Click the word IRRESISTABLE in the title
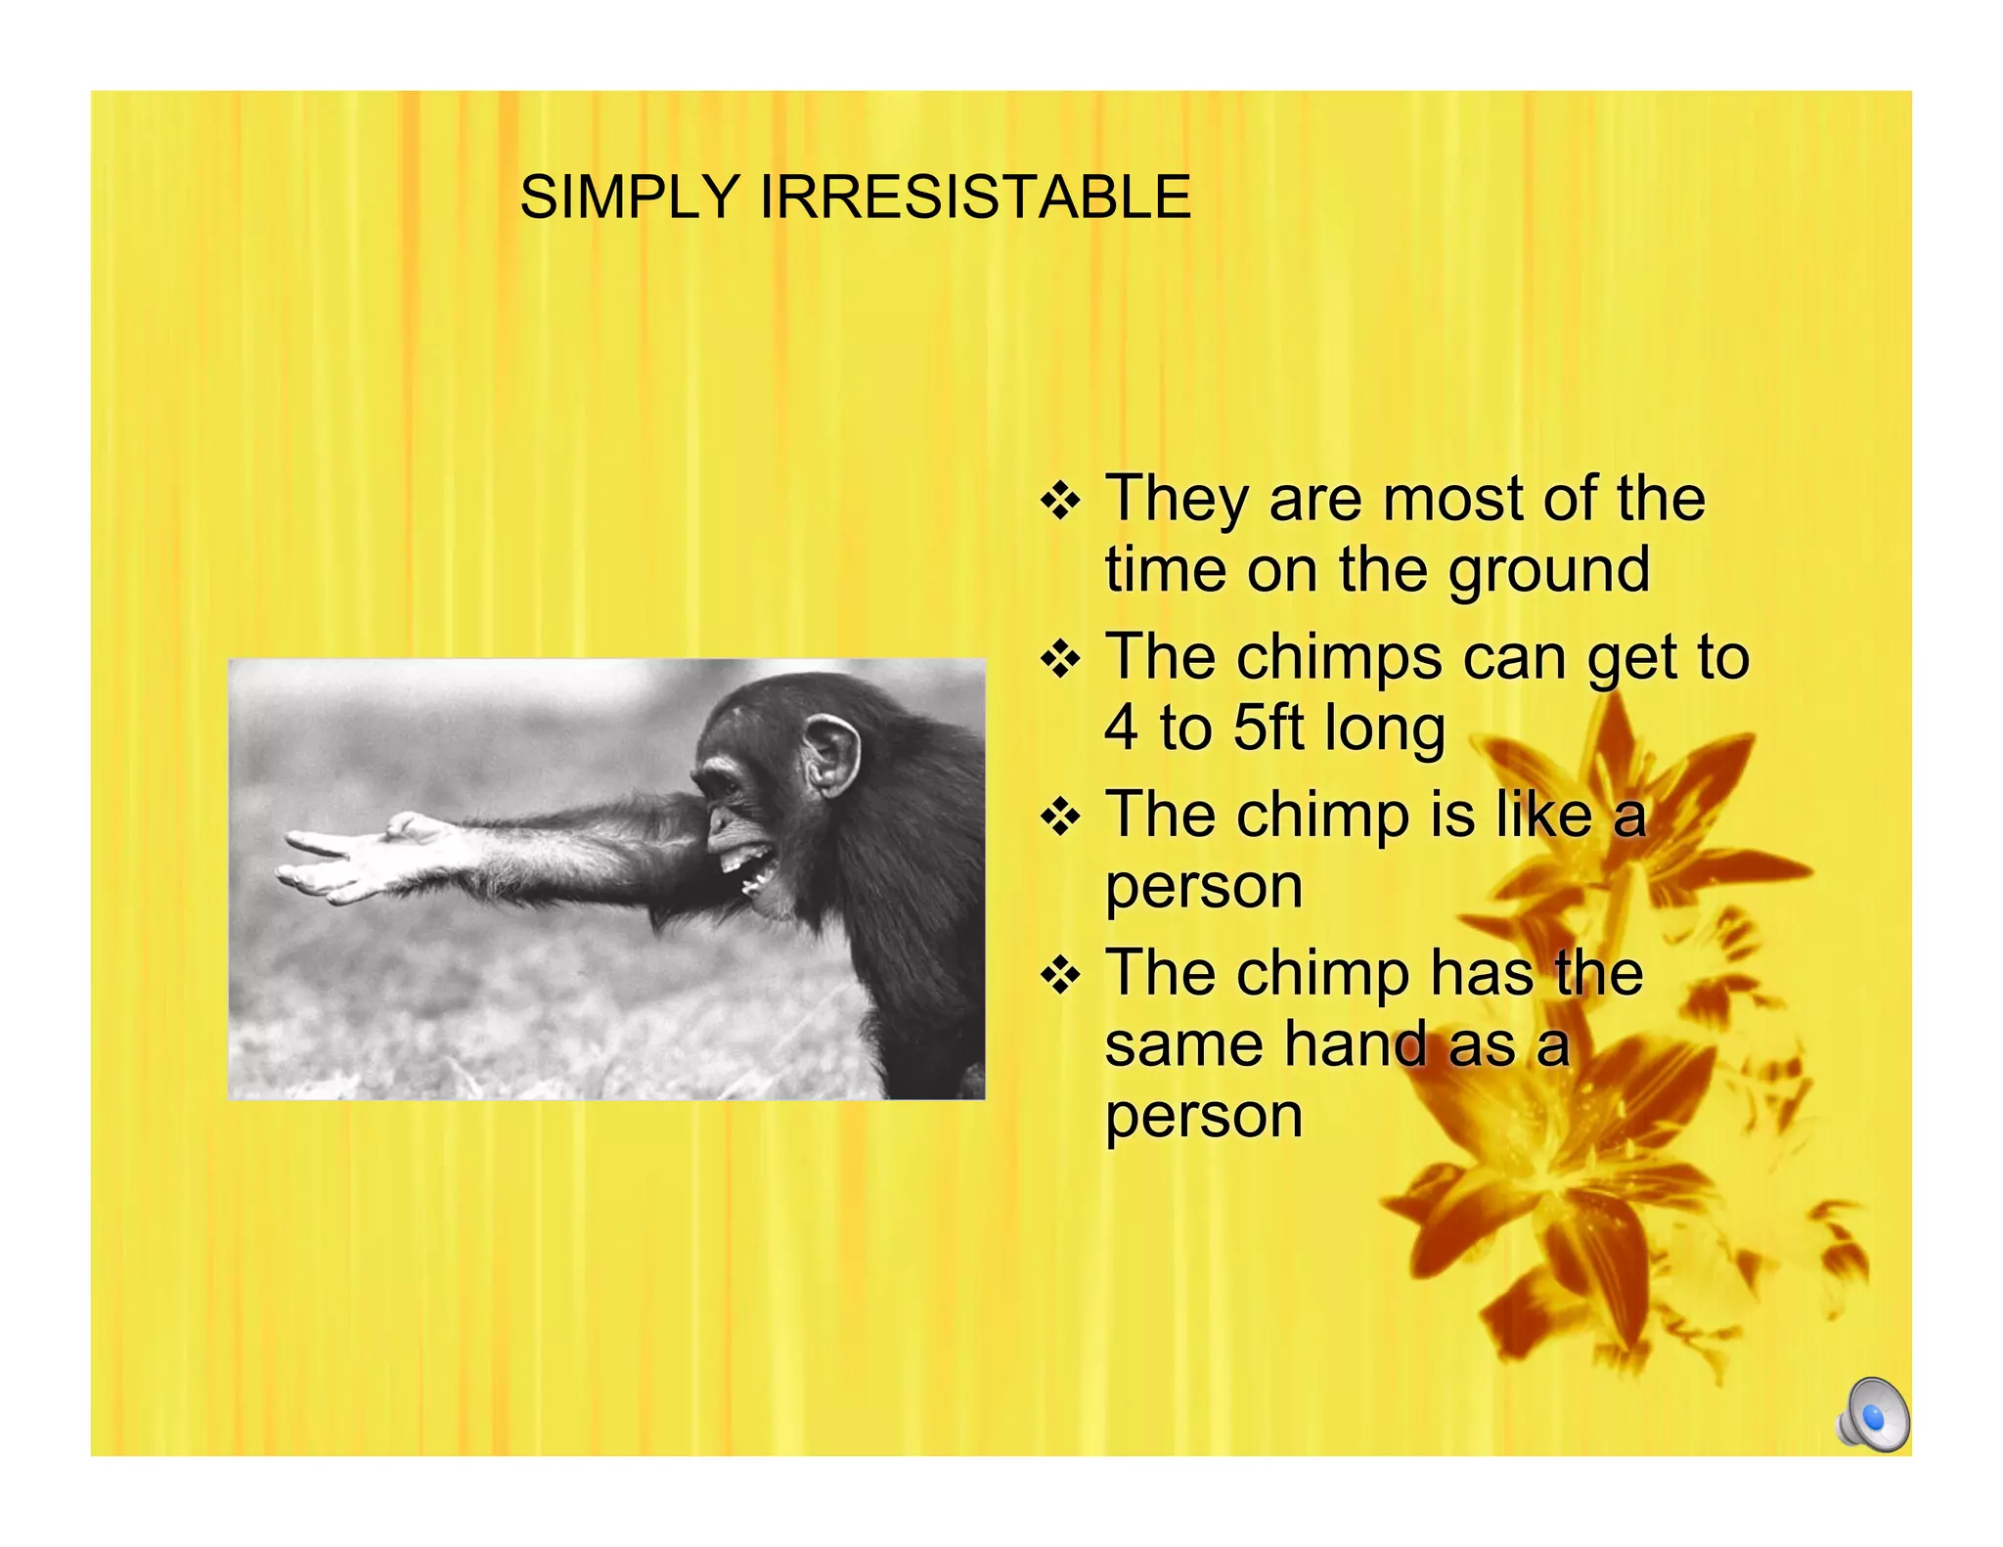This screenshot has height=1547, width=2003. click(x=975, y=197)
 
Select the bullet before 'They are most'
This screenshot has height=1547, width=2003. click(x=1060, y=502)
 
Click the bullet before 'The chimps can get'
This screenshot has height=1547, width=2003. click(x=1060, y=660)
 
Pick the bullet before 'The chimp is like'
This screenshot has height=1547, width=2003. click(x=1060, y=818)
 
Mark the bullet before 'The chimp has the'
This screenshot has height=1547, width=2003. click(x=1060, y=975)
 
